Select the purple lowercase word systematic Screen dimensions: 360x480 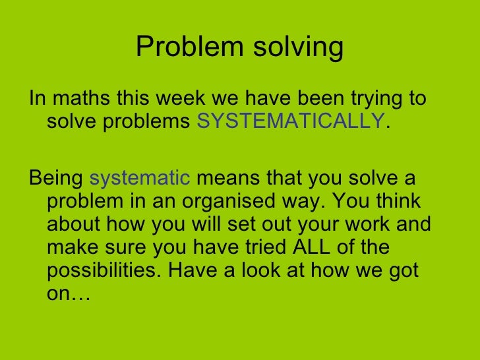coord(140,179)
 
